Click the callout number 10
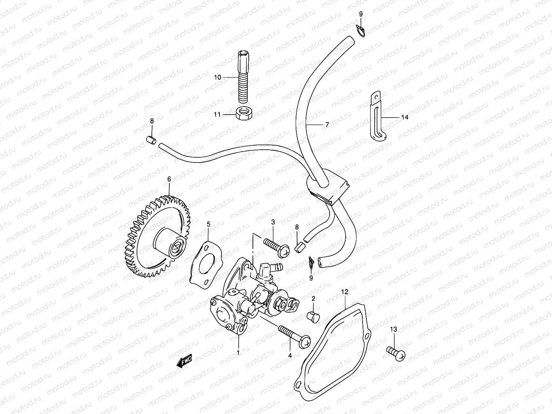(227, 78)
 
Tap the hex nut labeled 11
(244, 114)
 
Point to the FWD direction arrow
(184, 362)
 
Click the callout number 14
(405, 117)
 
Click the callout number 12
(345, 292)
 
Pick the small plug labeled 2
(313, 314)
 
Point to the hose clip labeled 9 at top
(360, 31)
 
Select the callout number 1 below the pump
(238, 353)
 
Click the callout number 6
(169, 179)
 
